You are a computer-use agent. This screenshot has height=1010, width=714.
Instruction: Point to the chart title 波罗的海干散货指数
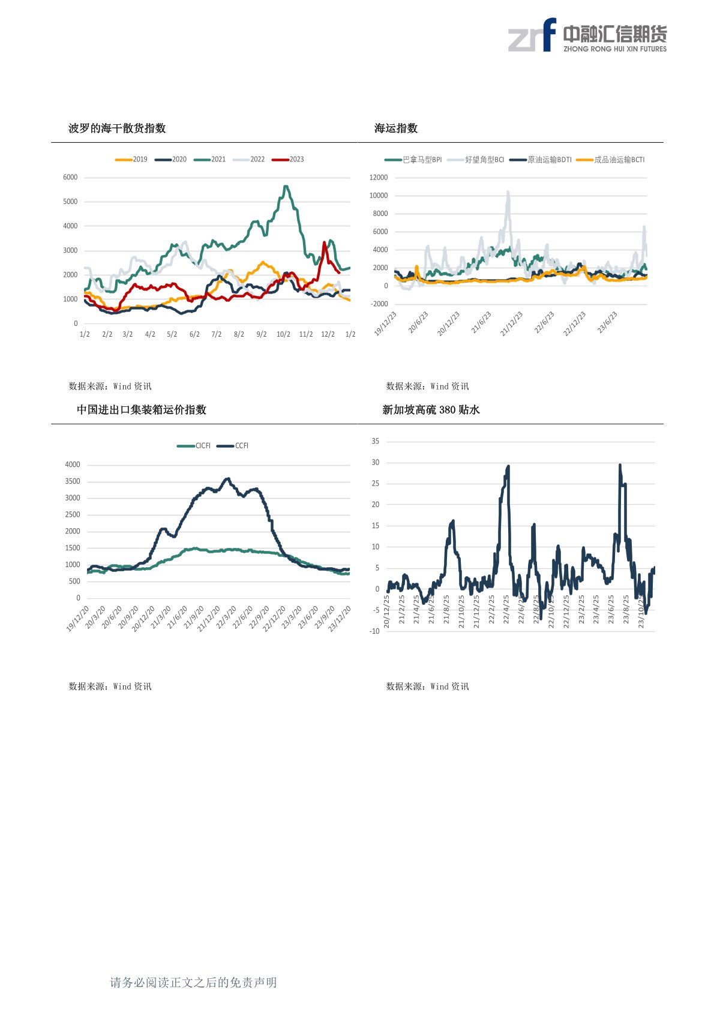(x=117, y=128)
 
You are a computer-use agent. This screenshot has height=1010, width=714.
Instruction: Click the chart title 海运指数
(x=396, y=128)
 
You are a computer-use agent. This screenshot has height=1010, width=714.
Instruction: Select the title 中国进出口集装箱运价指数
(x=142, y=410)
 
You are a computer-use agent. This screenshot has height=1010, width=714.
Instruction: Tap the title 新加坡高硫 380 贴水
(x=431, y=410)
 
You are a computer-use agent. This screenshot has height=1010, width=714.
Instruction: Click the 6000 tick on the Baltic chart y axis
(x=70, y=178)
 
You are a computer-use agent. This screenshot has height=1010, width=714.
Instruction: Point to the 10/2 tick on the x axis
(x=283, y=334)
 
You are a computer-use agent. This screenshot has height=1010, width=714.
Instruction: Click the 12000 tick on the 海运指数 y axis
(x=379, y=178)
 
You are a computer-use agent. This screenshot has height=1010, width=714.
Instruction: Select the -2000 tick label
(x=379, y=304)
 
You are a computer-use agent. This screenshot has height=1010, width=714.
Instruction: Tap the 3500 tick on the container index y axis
(x=73, y=481)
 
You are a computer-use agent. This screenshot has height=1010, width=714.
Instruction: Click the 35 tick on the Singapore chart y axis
(x=376, y=441)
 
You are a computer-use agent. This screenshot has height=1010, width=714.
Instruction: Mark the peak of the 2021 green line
(x=286, y=187)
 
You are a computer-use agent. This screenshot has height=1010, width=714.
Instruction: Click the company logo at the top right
(x=587, y=35)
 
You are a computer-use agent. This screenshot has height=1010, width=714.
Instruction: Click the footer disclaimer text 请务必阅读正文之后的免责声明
(x=193, y=982)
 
